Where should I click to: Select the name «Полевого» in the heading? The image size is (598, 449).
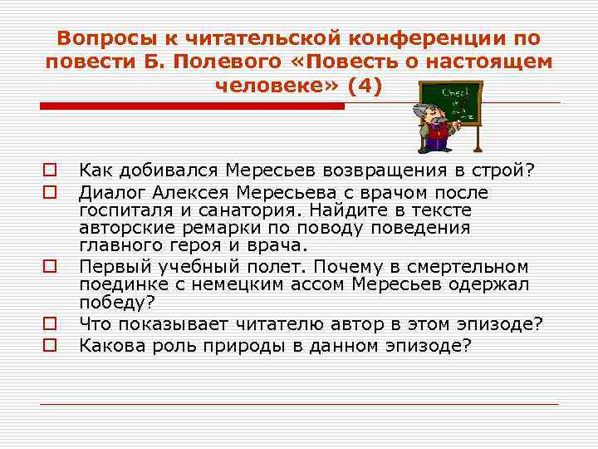coord(203,62)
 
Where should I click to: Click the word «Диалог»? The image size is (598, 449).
coord(113,193)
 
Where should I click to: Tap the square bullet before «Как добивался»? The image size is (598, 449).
coord(51,170)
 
